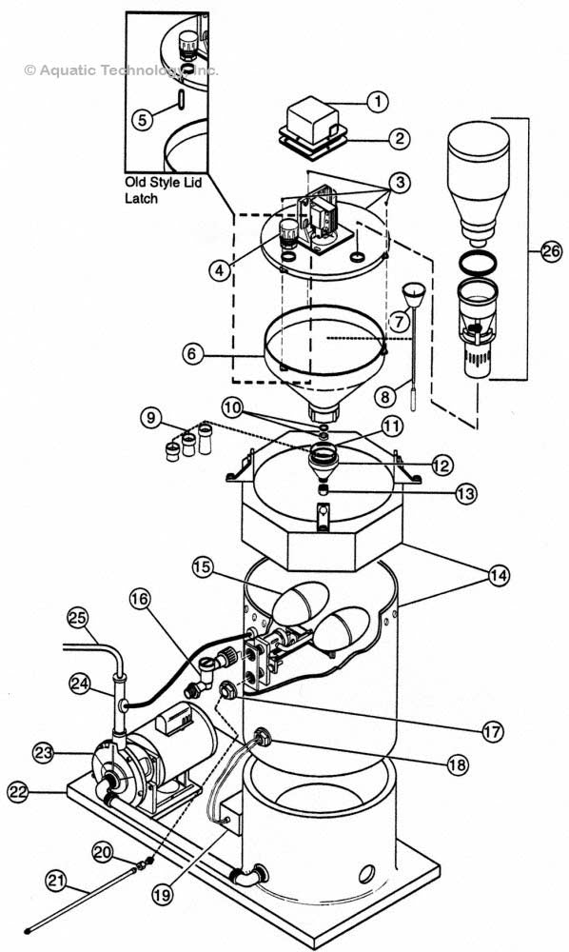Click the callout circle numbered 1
378,101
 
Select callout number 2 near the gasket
400,138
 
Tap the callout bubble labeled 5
142,119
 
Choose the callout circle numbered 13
465,493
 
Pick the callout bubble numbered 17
492,732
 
